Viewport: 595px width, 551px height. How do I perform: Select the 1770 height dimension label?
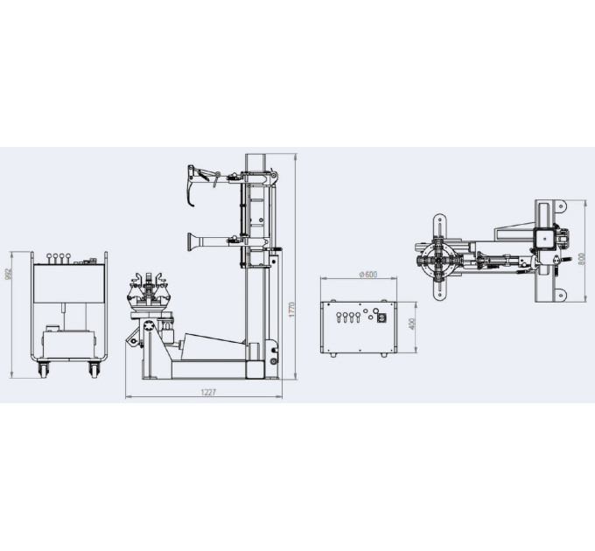pos(291,310)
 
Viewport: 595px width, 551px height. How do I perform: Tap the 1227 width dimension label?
pos(208,392)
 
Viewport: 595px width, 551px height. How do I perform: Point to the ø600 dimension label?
pos(367,274)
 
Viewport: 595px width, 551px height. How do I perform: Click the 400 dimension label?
pos(413,324)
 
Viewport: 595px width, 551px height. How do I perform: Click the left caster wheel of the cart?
pos(44,369)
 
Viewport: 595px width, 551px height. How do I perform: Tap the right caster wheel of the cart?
pos(94,369)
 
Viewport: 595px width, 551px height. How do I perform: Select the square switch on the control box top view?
pos(381,318)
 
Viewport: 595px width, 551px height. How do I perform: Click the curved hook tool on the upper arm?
pos(191,187)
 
